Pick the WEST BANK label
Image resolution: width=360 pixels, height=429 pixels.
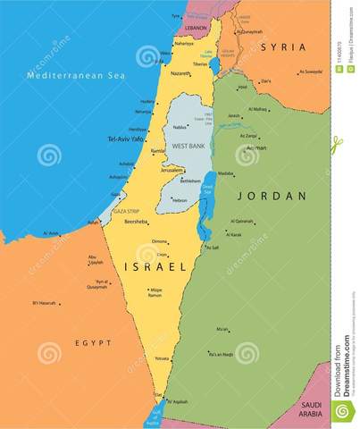(x=188, y=145)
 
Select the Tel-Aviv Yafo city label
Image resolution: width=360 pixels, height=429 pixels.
(x=126, y=139)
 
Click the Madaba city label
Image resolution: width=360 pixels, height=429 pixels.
(x=226, y=174)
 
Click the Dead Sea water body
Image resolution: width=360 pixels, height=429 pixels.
(x=209, y=192)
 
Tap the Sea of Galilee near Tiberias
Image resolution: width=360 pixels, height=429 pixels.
(x=214, y=65)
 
